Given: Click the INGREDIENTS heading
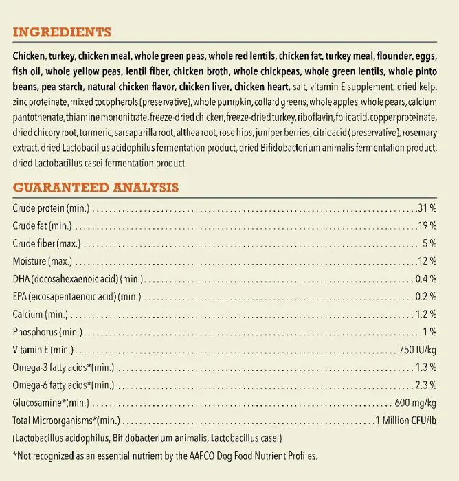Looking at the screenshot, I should (x=62, y=32).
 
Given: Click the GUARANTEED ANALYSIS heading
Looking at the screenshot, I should (x=96, y=187).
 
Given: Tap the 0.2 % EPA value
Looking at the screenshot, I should (x=425, y=297).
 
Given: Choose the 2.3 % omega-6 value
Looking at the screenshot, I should (x=425, y=385).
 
